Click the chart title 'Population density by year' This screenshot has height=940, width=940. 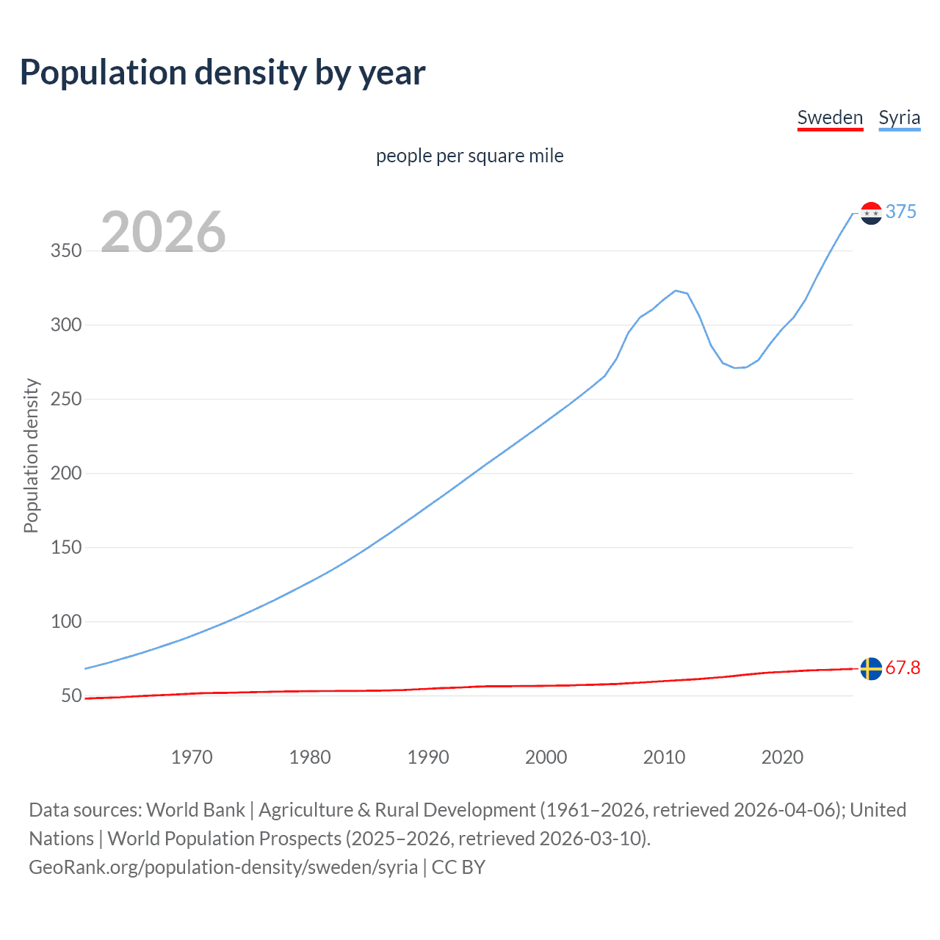[223, 72]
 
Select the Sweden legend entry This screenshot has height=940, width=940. [830, 117]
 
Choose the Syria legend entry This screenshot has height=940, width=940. [899, 117]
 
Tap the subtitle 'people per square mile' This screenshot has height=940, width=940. [469, 156]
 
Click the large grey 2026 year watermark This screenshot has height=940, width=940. [163, 232]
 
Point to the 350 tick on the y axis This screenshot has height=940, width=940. [66, 250]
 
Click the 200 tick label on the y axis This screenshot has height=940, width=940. [66, 473]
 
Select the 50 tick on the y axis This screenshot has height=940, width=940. [71, 695]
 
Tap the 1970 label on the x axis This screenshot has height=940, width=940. [192, 757]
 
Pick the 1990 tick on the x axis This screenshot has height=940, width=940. [428, 757]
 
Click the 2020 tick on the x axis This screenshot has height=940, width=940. [782, 757]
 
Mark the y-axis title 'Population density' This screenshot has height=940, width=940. [31, 455]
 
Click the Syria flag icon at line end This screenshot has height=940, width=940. [871, 213]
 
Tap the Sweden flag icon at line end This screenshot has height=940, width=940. [871, 668]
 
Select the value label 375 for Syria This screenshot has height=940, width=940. [900, 211]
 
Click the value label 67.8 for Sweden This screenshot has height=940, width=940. [903, 668]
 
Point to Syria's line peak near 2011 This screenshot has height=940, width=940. [676, 291]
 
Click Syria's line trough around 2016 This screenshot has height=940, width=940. [735, 367]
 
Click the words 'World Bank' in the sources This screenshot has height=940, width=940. [195, 810]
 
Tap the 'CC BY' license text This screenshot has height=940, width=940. [458, 867]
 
